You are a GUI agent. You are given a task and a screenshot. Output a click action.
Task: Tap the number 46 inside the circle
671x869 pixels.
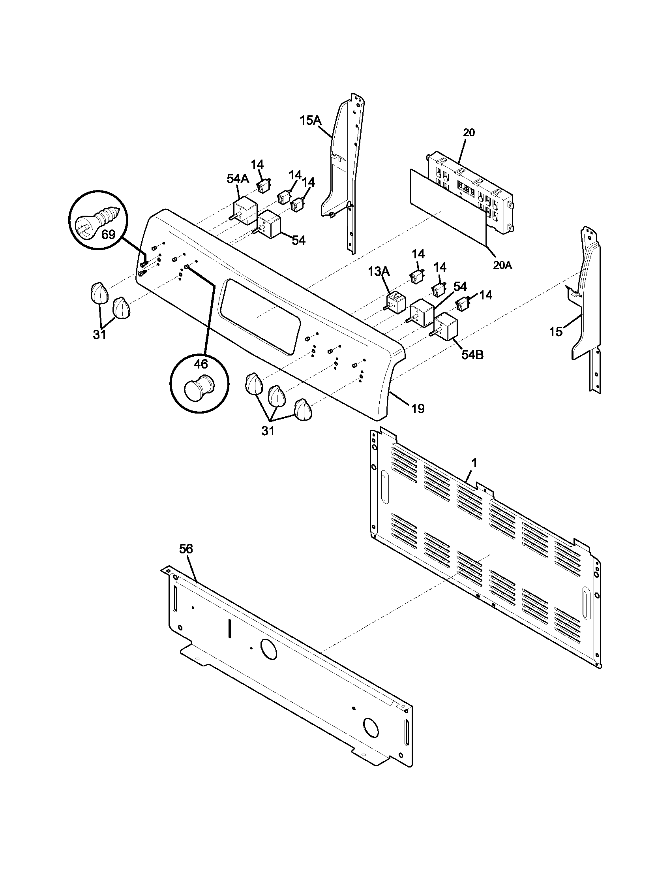[x=201, y=363]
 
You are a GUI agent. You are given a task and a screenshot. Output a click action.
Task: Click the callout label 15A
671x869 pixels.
[x=310, y=120]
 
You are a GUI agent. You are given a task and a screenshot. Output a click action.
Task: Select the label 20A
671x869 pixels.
[x=502, y=265]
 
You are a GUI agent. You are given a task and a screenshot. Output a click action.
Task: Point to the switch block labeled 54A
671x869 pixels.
[x=245, y=210]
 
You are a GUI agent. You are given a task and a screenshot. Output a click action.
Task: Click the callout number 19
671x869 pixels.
[x=417, y=408]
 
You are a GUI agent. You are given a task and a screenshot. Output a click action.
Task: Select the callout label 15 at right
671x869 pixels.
[x=556, y=331]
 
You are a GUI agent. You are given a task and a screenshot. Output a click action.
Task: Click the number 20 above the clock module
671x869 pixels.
[x=469, y=132]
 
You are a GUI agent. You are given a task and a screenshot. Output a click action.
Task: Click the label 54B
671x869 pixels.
[x=472, y=355]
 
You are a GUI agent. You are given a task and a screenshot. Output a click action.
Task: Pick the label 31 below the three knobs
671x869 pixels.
[x=268, y=431]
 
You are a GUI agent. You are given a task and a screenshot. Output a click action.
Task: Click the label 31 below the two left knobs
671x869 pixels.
[x=99, y=335]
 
